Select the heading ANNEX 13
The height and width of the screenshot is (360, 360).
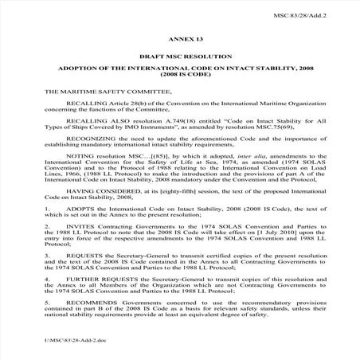179,37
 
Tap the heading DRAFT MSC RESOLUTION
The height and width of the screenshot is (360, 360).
179,57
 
